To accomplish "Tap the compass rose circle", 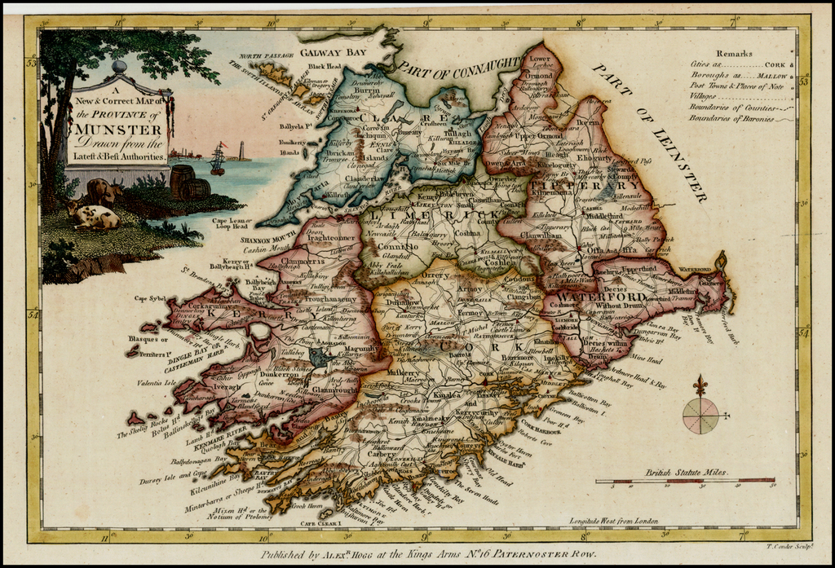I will [700, 416].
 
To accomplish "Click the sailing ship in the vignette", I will [218, 159].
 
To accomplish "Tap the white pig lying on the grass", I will [95, 216].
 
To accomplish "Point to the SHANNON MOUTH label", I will [266, 240].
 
